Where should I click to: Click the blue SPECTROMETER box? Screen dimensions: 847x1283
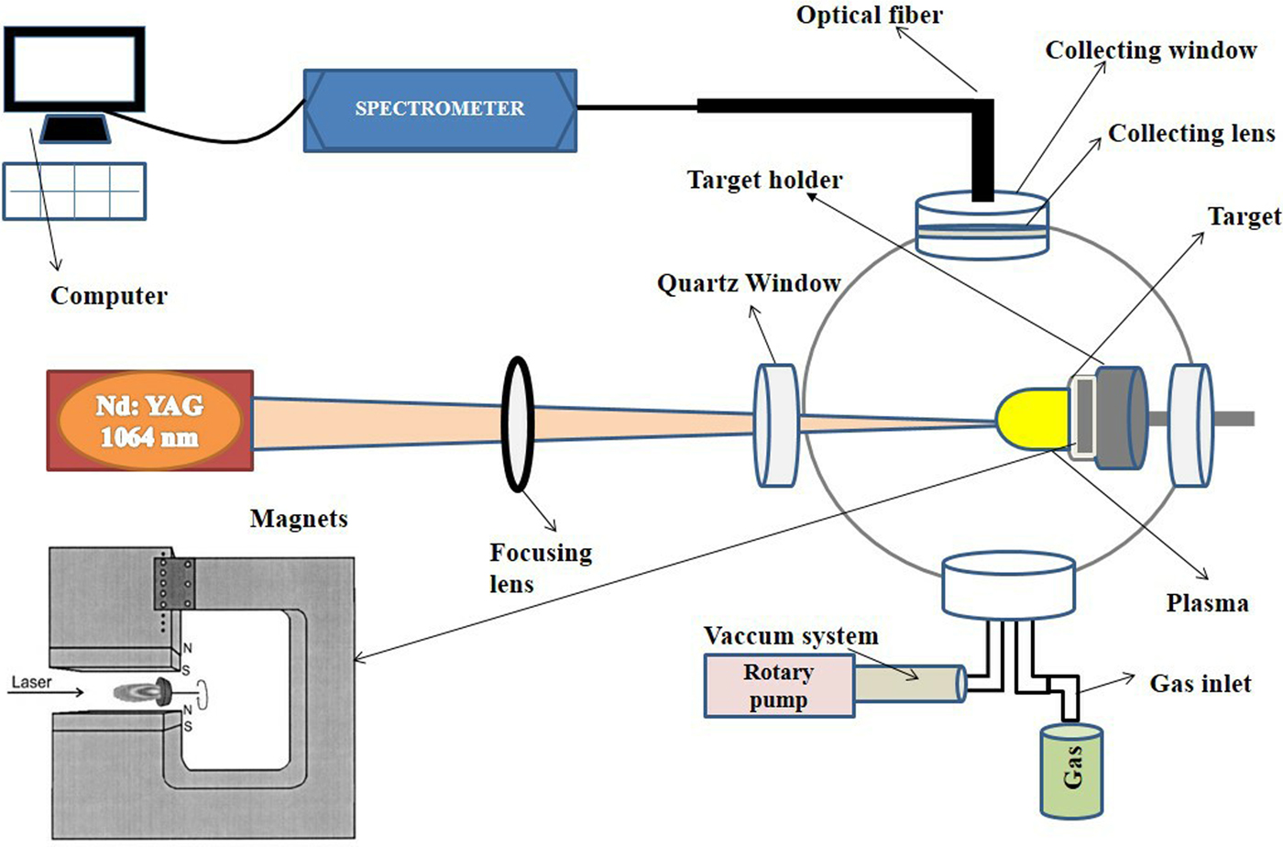[440, 109]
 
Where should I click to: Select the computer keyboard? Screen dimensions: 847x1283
[74, 192]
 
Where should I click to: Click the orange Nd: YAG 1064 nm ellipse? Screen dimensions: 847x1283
[150, 421]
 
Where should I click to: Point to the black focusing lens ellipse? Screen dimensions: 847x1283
[518, 423]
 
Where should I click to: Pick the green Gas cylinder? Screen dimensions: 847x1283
[1071, 770]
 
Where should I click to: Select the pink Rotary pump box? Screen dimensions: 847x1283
[778, 686]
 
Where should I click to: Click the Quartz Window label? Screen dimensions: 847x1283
[749, 283]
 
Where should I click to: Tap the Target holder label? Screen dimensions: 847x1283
[764, 180]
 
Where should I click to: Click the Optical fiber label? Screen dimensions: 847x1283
[869, 15]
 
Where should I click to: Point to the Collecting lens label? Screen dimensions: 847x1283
[1191, 134]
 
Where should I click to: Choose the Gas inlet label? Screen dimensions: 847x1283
[1201, 684]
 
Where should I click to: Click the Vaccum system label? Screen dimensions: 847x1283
[791, 636]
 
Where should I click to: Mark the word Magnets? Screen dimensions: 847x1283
[299, 519]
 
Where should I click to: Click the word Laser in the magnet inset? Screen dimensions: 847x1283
[31, 683]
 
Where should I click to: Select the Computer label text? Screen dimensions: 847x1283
[109, 296]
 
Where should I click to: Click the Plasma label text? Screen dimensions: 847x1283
[1207, 603]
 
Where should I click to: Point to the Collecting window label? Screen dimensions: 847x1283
[1151, 50]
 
